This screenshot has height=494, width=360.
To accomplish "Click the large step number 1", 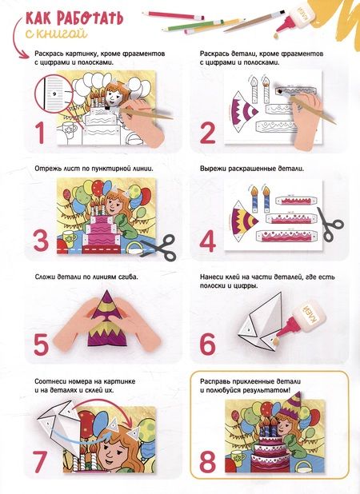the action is click(x=40, y=133).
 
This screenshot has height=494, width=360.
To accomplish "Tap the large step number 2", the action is click(x=207, y=133).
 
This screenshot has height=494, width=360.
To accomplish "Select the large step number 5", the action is click(x=42, y=345).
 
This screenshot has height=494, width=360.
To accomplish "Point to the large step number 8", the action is click(x=207, y=462).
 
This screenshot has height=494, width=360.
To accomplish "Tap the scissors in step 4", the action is click(x=330, y=224).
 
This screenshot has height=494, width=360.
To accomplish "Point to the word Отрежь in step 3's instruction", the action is click(x=46, y=169).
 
